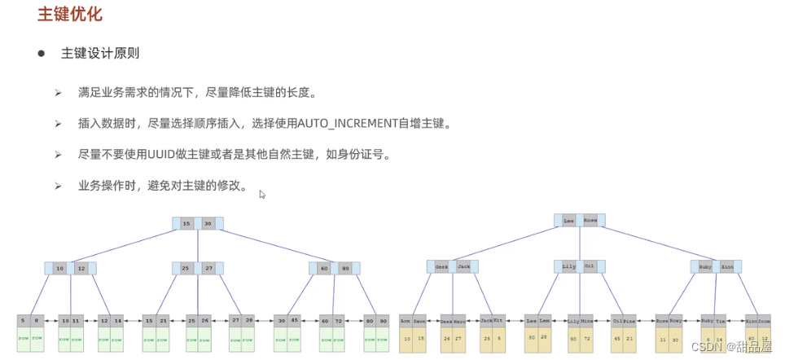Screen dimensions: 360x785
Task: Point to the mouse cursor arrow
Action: (261, 194)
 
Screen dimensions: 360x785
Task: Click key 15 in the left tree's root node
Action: (186, 223)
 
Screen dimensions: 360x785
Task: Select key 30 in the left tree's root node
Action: (208, 223)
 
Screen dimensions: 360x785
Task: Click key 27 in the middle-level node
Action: (208, 268)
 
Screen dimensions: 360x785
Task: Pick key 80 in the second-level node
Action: (345, 268)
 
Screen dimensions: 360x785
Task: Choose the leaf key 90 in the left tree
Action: (382, 321)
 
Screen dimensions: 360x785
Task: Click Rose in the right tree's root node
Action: (590, 220)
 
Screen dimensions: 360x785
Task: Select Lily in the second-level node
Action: (568, 266)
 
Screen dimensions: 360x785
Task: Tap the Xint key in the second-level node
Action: (727, 266)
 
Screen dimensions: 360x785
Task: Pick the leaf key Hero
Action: (458, 321)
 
